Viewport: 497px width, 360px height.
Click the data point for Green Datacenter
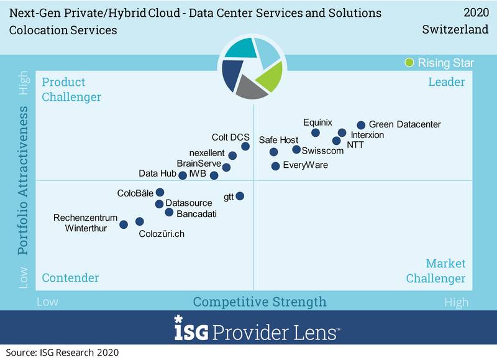coord(361,125)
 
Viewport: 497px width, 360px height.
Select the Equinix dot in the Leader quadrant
coord(316,133)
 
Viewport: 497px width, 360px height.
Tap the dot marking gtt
coord(240,196)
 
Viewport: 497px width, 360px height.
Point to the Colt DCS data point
coord(245,146)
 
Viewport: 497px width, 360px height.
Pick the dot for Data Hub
coord(183,175)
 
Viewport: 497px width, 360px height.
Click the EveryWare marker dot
coord(275,166)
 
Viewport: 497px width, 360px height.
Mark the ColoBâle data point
coord(160,192)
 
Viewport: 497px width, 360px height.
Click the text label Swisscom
coord(322,150)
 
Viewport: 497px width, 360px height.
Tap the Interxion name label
coord(367,135)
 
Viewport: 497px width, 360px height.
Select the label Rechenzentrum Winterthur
coord(86,223)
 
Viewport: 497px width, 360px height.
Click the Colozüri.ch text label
coord(162,234)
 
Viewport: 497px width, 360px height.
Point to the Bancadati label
coord(196,214)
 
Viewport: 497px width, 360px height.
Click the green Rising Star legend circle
coord(409,62)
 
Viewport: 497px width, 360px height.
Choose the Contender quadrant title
coord(70,278)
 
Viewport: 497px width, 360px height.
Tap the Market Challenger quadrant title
coord(436,271)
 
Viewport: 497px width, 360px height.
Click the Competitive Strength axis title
coord(260,302)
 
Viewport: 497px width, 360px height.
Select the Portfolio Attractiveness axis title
coord(23,180)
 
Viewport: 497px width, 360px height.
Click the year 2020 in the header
coord(476,12)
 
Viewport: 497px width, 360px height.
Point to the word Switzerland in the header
coord(455,29)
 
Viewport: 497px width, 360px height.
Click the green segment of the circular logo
coord(270,77)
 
